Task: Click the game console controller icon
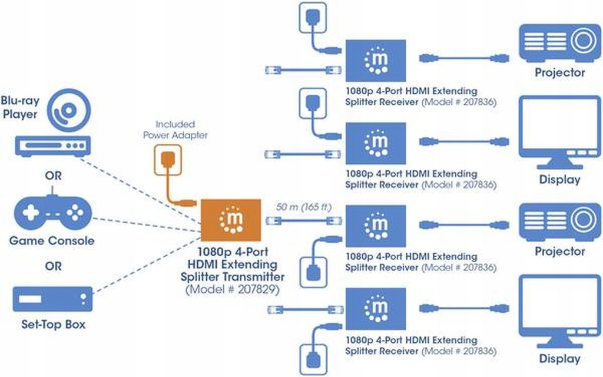click(x=53, y=211)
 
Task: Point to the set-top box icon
click(x=53, y=299)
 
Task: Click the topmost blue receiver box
click(x=376, y=60)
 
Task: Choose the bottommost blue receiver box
click(x=376, y=309)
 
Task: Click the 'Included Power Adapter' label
click(x=175, y=130)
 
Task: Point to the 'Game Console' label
click(x=52, y=241)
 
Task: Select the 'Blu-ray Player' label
click(x=21, y=107)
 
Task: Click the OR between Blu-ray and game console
click(x=53, y=176)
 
